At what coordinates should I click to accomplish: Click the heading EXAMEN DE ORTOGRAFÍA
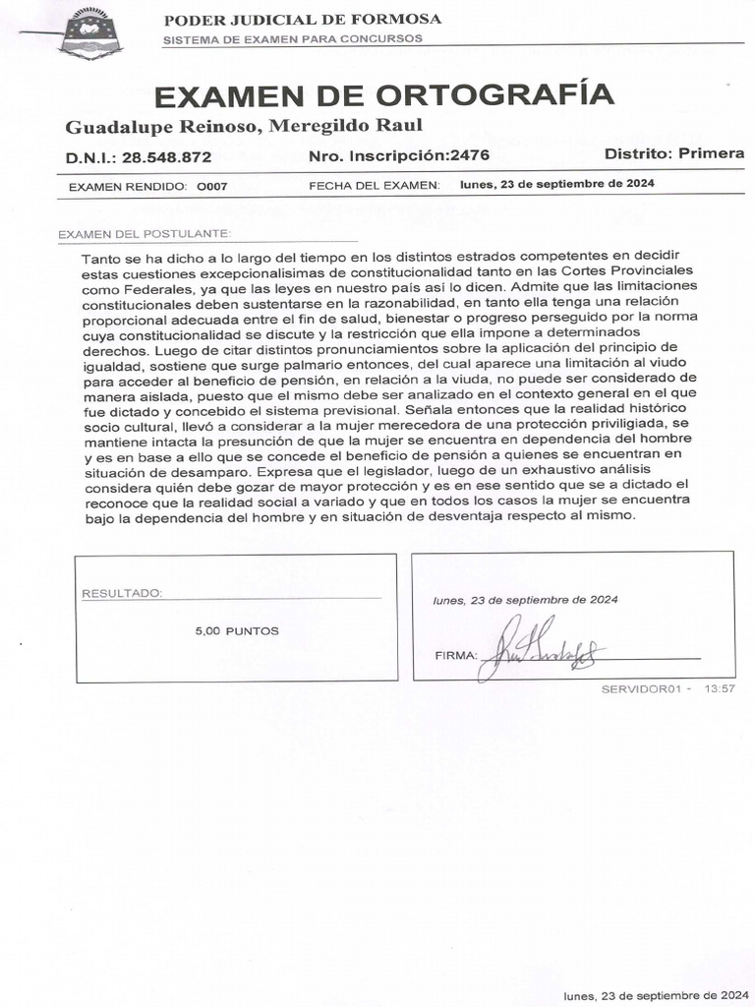pyautogui.click(x=384, y=95)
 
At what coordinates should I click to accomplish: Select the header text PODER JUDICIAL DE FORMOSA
pyautogui.click(x=302, y=20)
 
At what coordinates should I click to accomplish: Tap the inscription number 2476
pyautogui.click(x=468, y=155)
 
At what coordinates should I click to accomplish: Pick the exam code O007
pyautogui.click(x=212, y=185)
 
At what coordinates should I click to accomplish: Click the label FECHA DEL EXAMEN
pyautogui.click(x=374, y=185)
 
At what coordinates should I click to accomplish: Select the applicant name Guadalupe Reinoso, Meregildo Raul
pyautogui.click(x=244, y=126)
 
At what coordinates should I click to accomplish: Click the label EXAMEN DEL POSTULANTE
pyautogui.click(x=145, y=234)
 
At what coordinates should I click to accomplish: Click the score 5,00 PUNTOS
pyautogui.click(x=237, y=630)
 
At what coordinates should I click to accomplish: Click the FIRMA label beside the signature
pyautogui.click(x=455, y=655)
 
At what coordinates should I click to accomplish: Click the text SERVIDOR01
pyautogui.click(x=641, y=688)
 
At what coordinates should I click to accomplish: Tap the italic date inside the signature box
pyautogui.click(x=525, y=600)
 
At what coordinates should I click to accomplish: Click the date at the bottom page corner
pyautogui.click(x=658, y=995)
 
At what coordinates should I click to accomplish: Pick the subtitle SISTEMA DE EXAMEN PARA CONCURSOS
pyautogui.click(x=292, y=39)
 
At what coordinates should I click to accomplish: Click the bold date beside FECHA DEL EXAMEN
pyautogui.click(x=556, y=184)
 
